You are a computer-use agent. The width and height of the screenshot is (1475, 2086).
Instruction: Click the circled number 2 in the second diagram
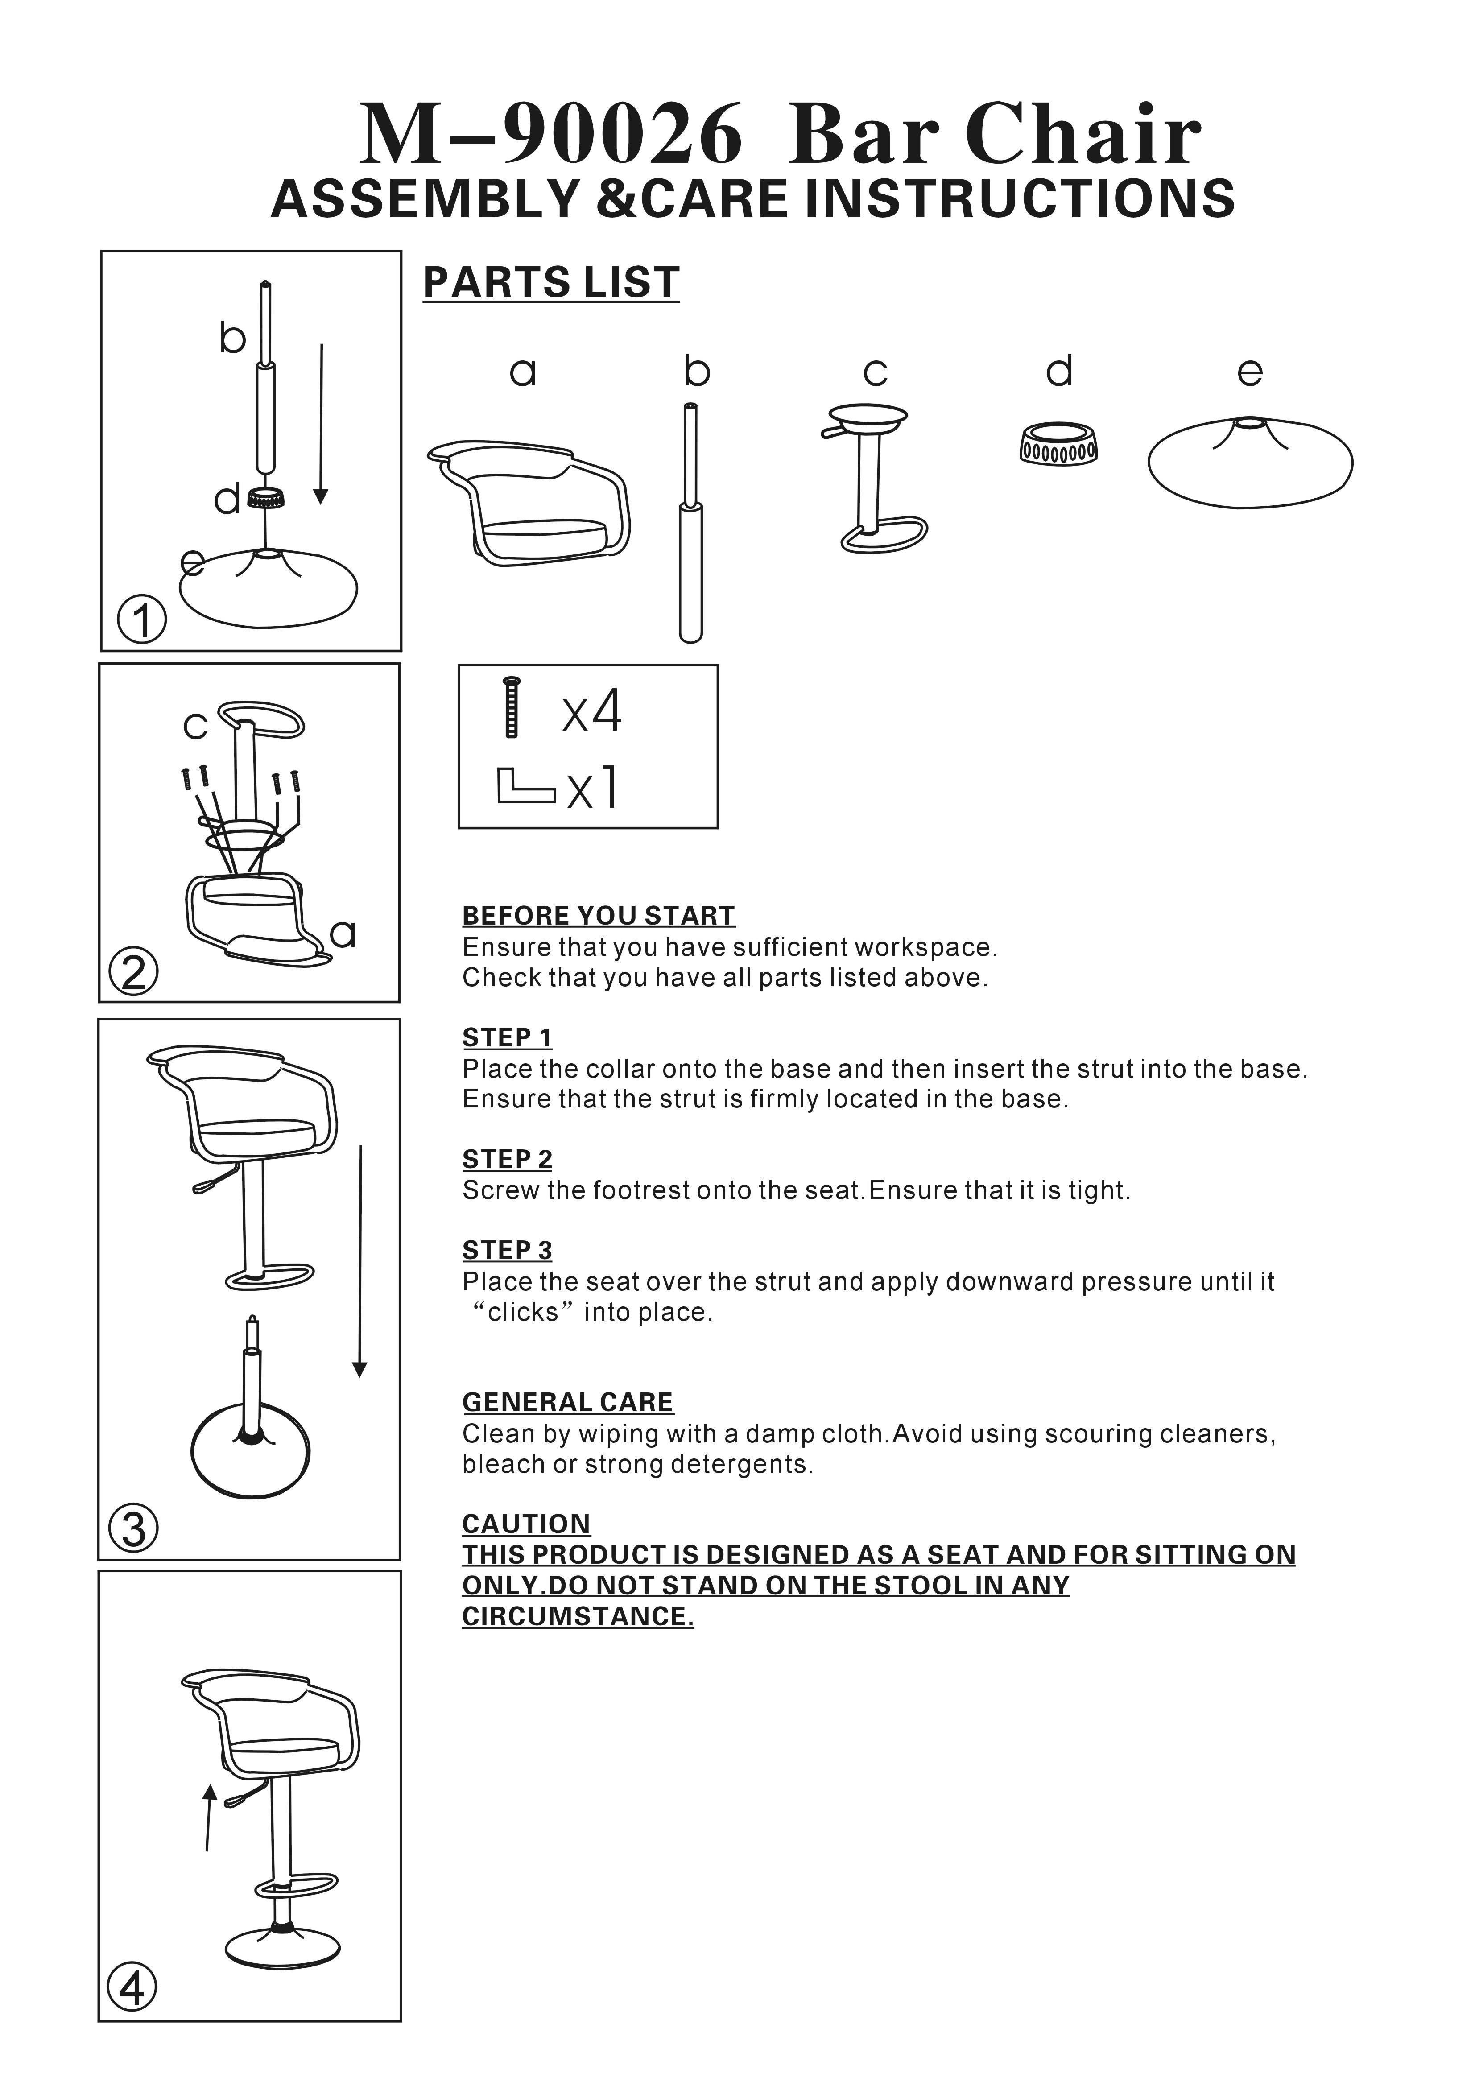134,973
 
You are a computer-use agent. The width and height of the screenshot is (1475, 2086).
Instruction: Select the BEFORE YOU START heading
598,916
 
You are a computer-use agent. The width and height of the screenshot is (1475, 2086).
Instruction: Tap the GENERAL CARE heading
567,1402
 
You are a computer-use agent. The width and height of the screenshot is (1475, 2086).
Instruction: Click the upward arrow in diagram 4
209,1817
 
